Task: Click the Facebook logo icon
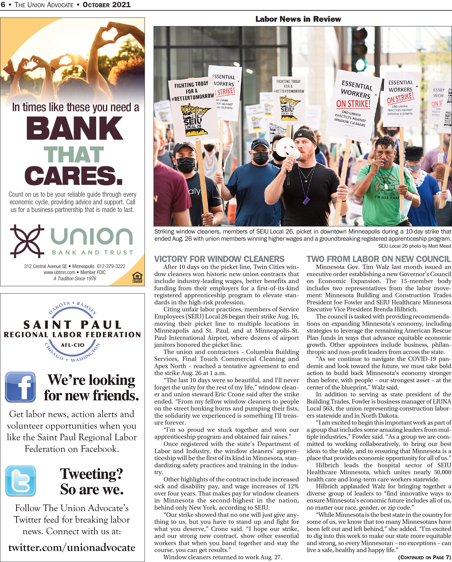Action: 20,387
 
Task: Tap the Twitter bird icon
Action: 21,481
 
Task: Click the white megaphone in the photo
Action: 288,149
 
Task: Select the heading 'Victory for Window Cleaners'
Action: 219,259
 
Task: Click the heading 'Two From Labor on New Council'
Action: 379,259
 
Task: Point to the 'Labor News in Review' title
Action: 298,19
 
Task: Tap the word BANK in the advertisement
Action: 75,128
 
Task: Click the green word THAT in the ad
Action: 73,155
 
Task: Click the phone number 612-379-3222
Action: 111,266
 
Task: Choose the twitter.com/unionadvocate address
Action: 72,547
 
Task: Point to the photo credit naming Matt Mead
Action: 414,246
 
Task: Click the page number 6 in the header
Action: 3,4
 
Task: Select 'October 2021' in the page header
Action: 106,5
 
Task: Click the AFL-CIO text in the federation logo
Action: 73,345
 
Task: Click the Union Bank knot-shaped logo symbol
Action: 27,241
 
